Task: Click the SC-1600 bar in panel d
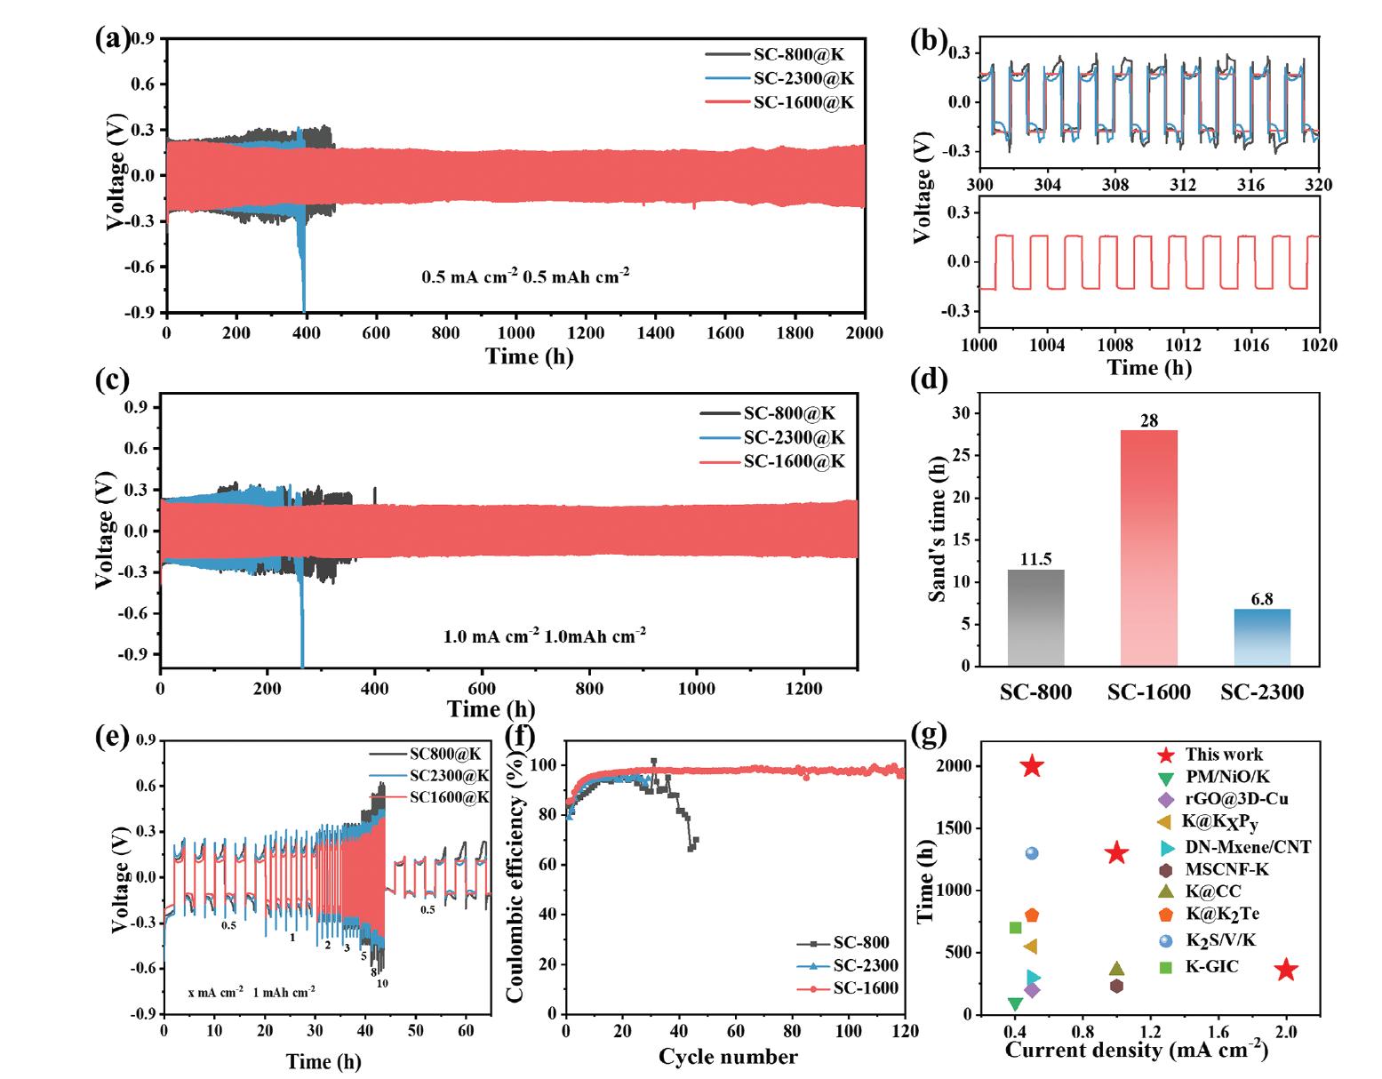point(1148,547)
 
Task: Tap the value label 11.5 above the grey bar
point(1035,559)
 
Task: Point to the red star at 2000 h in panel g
point(1032,765)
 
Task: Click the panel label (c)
point(112,380)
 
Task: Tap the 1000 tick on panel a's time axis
point(515,332)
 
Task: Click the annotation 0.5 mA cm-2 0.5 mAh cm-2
point(526,276)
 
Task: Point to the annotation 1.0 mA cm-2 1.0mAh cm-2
point(545,636)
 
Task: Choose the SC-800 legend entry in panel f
point(861,943)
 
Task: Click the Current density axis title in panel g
point(1137,1051)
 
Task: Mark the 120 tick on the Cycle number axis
point(905,1031)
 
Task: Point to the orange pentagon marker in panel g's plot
point(1032,915)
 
